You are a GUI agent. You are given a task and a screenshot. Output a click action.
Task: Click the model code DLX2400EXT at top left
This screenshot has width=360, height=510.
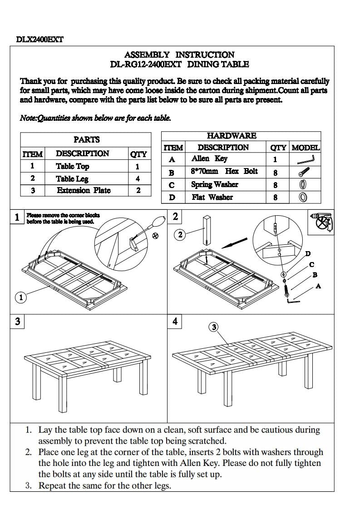click(x=39, y=40)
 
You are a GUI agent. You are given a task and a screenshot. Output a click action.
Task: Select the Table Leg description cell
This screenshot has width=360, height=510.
click(x=72, y=179)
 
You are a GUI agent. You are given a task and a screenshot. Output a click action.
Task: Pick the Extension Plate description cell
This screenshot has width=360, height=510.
click(x=84, y=191)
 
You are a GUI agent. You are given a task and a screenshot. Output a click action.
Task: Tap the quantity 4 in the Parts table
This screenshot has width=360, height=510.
click(x=138, y=179)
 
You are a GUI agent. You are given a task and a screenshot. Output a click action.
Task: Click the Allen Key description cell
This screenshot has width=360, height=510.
click(x=209, y=159)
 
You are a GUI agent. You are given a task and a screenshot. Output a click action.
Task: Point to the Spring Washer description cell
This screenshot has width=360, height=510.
click(x=214, y=184)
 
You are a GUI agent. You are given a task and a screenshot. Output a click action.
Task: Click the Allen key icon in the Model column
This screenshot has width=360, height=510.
click(x=305, y=159)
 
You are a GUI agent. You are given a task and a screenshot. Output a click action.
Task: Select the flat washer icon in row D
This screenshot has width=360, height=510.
click(x=303, y=197)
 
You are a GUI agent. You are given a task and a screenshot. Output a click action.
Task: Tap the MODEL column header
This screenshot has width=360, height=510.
click(x=305, y=148)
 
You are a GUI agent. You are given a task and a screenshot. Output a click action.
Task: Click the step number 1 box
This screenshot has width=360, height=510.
click(x=17, y=217)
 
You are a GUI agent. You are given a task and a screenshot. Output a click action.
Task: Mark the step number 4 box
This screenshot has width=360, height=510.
click(x=175, y=322)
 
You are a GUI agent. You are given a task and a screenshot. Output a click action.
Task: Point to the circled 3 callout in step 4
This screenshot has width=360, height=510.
click(x=214, y=327)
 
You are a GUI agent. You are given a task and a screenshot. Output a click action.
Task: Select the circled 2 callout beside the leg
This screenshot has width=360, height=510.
click(x=180, y=235)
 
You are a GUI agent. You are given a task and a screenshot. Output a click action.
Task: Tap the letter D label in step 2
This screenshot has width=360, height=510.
click(x=308, y=254)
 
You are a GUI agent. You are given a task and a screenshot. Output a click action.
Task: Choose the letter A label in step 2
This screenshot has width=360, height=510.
click(x=318, y=286)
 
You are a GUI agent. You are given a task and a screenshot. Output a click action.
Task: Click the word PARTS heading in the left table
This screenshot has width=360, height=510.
click(x=86, y=140)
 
